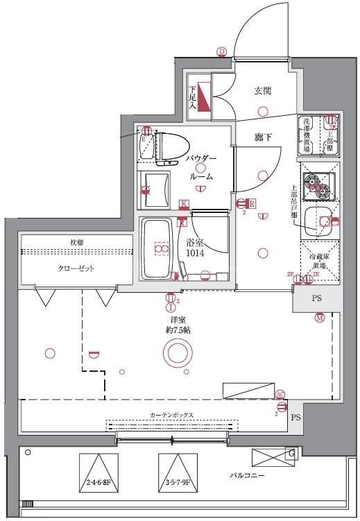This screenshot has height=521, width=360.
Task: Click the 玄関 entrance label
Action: click(x=262, y=90)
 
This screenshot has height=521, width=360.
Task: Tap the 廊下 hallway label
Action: click(x=263, y=137)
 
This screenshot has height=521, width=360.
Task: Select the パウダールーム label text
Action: click(x=200, y=167)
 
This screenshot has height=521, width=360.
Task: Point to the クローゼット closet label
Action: click(x=76, y=268)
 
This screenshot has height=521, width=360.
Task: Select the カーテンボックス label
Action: click(x=171, y=415)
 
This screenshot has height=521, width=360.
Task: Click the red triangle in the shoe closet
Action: click(x=203, y=96)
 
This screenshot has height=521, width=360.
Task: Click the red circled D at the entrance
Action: click(x=221, y=51)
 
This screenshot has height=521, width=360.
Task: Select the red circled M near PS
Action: click(x=319, y=318)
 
